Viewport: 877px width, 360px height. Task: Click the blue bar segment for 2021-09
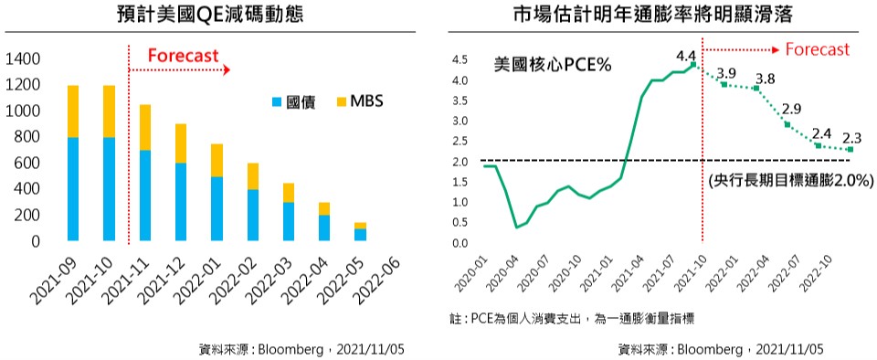pos(73,189)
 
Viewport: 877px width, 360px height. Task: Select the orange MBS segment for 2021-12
pos(181,143)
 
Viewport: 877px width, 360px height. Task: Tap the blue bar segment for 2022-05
pos(360,235)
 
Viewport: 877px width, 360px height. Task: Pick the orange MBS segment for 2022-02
pos(253,176)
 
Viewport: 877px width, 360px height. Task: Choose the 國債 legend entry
pos(293,102)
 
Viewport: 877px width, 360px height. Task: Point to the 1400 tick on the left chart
pos(22,58)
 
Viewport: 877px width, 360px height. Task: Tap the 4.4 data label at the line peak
pos(685,56)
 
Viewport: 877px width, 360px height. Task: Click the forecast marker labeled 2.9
pos(787,124)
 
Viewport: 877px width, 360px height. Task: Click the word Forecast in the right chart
pos(818,49)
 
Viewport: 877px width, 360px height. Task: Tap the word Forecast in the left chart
pos(183,56)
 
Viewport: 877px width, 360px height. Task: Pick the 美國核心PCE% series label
pos(553,65)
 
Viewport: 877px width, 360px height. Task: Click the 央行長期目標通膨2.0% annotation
pos(789,181)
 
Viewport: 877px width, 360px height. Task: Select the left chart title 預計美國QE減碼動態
pos(210,15)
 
